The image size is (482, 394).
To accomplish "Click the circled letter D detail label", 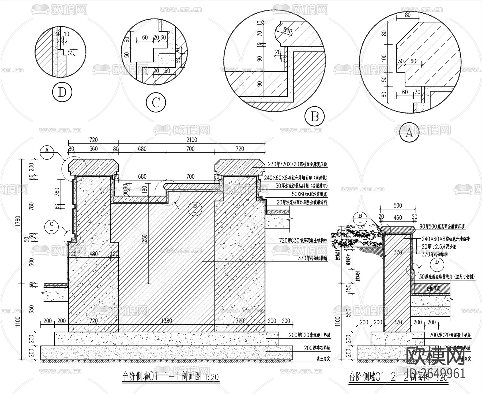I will pos(62,93).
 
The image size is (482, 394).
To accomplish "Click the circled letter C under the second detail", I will pos(156,103).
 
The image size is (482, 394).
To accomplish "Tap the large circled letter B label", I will pos(314,117).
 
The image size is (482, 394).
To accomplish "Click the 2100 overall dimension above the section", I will pos(192,140).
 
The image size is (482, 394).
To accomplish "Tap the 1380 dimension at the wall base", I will pos(167,321).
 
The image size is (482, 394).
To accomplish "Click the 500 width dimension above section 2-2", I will pos(398,205).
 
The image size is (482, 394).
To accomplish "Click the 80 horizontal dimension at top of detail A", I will pos(407,15).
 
